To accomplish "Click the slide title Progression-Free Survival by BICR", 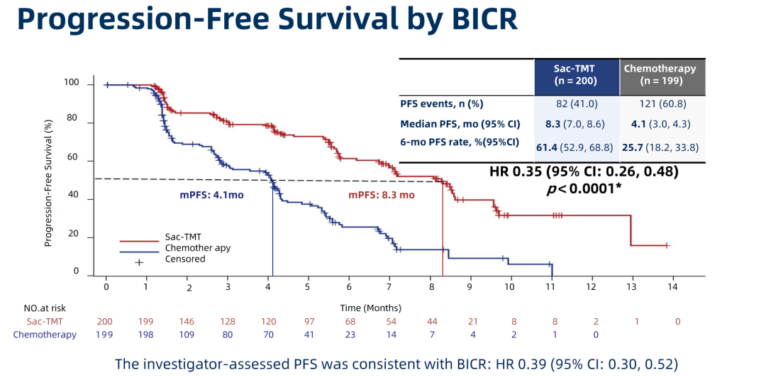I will pos(267,20).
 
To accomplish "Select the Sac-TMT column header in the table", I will pos(576,74).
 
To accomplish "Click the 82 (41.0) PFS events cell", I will pos(576,104).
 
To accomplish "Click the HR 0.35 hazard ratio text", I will pos(583,171).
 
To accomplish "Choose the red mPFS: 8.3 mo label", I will pos(381,194).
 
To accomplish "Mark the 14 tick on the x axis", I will pos(672,288).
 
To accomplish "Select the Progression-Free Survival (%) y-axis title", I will pos(49,183).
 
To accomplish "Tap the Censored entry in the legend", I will pos(185,259).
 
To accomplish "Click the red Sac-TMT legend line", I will pos(138,242).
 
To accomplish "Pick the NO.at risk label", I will pos(45,308).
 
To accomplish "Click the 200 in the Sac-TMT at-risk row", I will pos(104,322).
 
